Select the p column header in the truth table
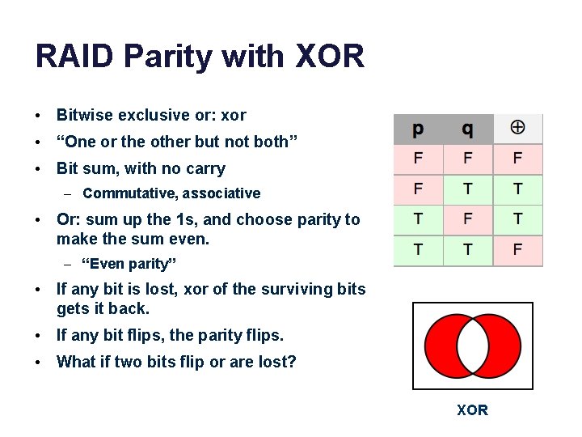418,129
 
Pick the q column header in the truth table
467,129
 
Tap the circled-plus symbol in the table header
517,128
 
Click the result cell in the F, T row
517,189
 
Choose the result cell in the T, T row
517,250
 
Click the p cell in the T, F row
418,219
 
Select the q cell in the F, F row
467,159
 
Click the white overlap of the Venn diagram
473,346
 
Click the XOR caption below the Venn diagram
472,410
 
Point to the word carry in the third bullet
205,168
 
